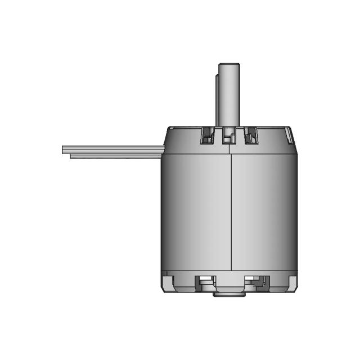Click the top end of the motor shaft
(x=229, y=65)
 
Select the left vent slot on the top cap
(x=208, y=136)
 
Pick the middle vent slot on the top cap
(x=228, y=136)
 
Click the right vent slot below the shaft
(x=249, y=136)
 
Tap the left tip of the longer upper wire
(x=64, y=149)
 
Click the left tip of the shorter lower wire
(x=71, y=156)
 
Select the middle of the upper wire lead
(x=112, y=149)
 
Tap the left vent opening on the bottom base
(x=205, y=282)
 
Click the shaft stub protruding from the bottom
(x=229, y=294)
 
